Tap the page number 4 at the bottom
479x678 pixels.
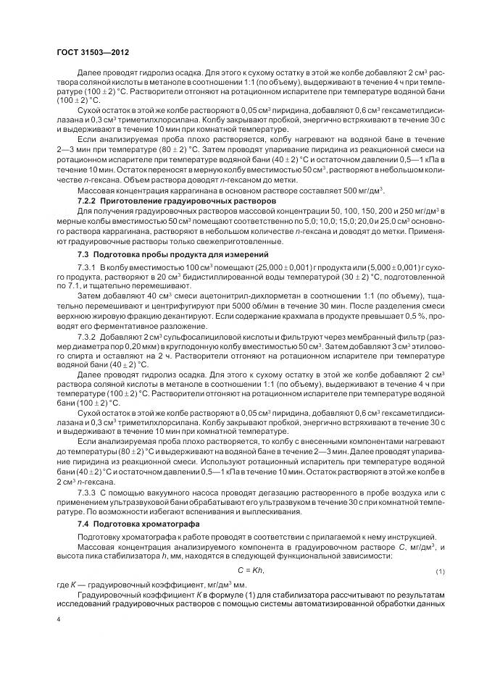coord(59,620)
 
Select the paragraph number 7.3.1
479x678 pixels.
coord(88,268)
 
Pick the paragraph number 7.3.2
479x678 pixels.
coord(88,338)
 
